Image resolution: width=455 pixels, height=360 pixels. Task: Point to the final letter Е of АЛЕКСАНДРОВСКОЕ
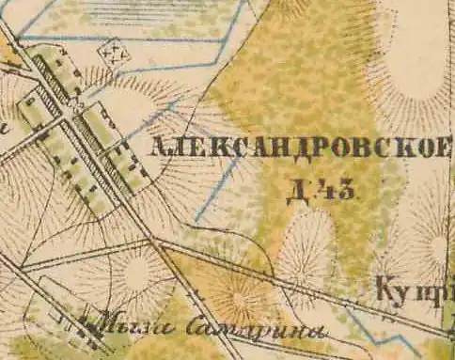tap(445, 148)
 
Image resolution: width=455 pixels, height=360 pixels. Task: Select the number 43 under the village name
tap(337, 192)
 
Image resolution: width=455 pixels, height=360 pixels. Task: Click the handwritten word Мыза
tap(126, 326)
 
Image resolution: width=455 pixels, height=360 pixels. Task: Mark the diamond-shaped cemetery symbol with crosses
tap(116, 51)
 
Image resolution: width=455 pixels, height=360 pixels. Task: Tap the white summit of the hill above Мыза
tap(137, 274)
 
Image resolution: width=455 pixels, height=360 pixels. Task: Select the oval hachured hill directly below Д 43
tap(307, 246)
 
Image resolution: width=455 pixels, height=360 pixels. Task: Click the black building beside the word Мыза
tap(91, 325)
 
